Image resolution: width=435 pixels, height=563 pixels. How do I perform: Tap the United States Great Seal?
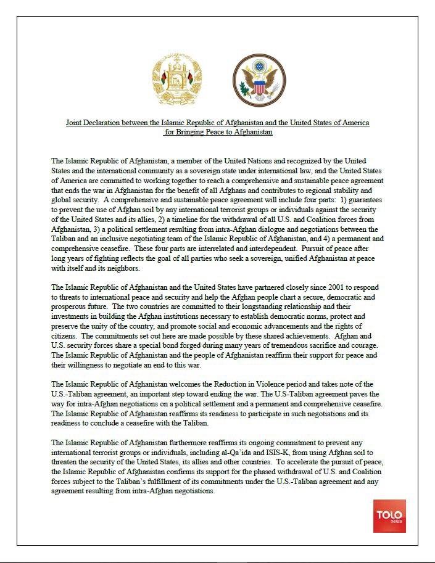pos(259,81)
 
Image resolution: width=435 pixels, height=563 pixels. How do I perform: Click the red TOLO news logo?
pos(389,516)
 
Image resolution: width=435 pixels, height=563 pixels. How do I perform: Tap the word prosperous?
pos(69,307)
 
